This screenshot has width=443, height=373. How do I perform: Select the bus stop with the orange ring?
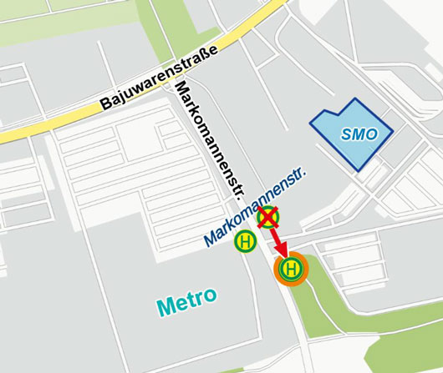[x=291, y=269]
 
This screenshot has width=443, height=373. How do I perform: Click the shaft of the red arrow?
[x=274, y=237]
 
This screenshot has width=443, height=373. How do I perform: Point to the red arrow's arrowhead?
[x=281, y=252]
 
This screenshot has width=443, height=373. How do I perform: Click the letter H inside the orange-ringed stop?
[x=291, y=269]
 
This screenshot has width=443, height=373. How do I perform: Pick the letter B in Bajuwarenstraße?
[x=106, y=105]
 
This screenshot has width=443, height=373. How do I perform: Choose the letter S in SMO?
[x=344, y=134]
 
